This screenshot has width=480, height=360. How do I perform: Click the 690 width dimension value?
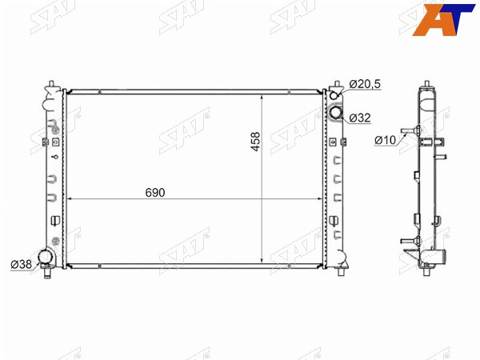point(155,193)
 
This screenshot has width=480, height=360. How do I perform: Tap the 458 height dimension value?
point(256,141)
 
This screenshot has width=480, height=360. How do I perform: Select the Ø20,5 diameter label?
point(365,84)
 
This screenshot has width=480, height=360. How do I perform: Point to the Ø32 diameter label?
point(360,118)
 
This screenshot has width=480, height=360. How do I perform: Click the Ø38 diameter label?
point(21,264)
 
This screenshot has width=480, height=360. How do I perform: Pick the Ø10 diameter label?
point(385,140)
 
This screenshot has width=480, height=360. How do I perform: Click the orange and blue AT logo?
point(442,19)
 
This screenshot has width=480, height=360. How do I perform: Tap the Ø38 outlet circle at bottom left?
point(46,257)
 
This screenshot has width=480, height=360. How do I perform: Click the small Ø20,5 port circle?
point(334,95)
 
